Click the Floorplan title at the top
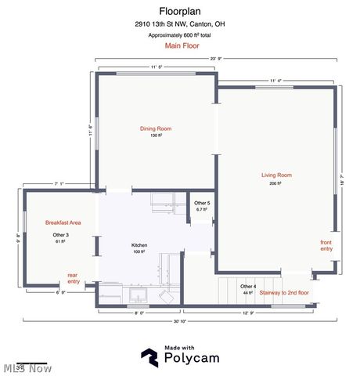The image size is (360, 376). (181, 11)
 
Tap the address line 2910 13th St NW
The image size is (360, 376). (181, 24)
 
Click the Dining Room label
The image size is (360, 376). (155, 128)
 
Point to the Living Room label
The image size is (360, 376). (276, 175)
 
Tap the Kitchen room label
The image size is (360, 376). (139, 245)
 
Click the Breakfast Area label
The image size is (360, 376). (63, 222)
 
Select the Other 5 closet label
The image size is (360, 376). (202, 204)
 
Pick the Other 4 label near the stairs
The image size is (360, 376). (248, 286)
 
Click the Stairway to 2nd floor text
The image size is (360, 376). (285, 292)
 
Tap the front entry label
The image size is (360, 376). (326, 245)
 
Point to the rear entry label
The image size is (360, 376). (73, 277)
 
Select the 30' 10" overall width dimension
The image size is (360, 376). (179, 322)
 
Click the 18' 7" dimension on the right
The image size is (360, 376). (342, 179)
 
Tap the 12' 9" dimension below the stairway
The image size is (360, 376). (248, 313)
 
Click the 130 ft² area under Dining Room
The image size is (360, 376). (155, 136)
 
